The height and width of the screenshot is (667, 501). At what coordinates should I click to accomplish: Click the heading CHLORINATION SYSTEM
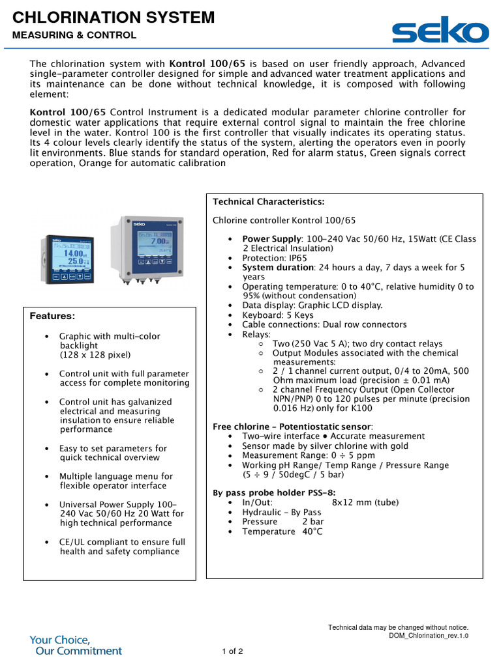(114, 18)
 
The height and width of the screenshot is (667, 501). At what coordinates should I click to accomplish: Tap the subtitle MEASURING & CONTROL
(74, 35)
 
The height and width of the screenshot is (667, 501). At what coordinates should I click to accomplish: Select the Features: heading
(53, 317)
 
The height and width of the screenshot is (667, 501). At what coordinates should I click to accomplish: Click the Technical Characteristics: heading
(269, 202)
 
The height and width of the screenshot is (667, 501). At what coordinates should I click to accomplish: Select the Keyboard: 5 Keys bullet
(278, 315)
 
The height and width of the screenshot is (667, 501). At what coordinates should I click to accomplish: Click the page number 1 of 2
(233, 651)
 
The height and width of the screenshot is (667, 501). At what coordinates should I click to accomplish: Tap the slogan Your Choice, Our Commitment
(76, 645)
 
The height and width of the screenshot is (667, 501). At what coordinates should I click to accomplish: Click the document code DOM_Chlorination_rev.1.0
(429, 636)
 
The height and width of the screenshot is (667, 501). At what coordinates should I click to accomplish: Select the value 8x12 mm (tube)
(365, 502)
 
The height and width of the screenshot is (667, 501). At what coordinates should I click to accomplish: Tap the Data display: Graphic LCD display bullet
(312, 305)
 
